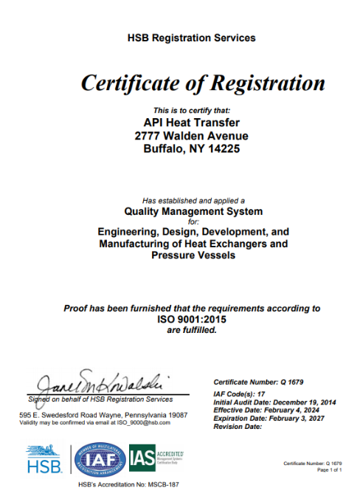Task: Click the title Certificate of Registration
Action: pos(202,82)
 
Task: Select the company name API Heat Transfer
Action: pos(191,123)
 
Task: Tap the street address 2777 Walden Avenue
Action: pos(191,136)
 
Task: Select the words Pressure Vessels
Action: pos(193,255)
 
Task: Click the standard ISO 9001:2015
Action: pos(193,320)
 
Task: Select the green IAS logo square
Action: pos(142,458)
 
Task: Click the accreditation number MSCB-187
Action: pos(156,484)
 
